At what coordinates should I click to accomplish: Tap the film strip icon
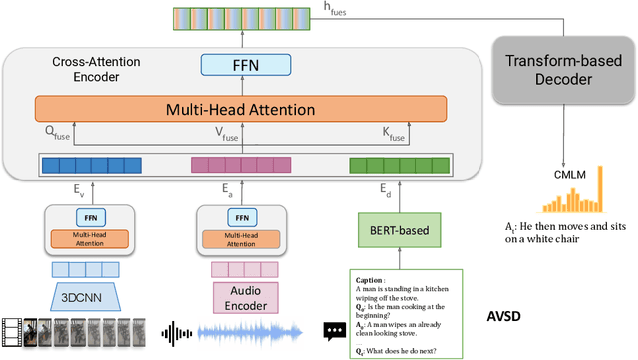(x=20, y=333)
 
